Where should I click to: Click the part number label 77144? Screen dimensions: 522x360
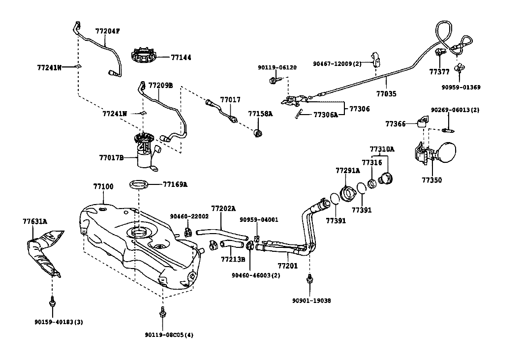point(181,57)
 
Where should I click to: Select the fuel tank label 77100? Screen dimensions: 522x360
point(103,186)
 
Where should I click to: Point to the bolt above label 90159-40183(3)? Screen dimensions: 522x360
point(52,301)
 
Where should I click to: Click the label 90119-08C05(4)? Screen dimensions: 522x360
point(169,335)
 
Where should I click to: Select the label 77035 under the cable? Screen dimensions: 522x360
point(386,94)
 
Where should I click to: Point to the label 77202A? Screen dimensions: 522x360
point(223,209)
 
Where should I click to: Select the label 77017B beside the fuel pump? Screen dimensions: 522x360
point(111,157)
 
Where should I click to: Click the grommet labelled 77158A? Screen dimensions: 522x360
point(258,133)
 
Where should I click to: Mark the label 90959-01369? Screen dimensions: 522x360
point(461,87)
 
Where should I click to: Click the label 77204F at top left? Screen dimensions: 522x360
point(108,31)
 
